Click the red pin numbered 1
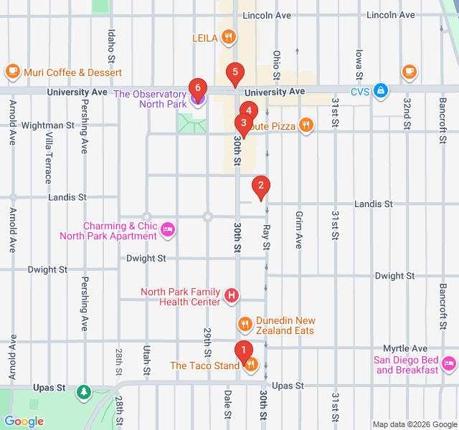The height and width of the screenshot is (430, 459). pyautogui.click(x=244, y=351)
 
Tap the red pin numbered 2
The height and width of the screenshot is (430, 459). pyautogui.click(x=260, y=187)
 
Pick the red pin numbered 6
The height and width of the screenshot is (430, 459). pyautogui.click(x=198, y=89)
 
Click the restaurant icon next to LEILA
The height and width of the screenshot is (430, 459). pyautogui.click(x=228, y=37)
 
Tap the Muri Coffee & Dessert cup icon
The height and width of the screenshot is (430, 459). pyautogui.click(x=12, y=72)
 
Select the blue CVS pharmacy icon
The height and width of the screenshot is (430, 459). pyautogui.click(x=382, y=91)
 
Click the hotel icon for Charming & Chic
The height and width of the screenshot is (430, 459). pyautogui.click(x=169, y=230)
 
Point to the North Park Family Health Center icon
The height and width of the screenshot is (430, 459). pyautogui.click(x=232, y=295)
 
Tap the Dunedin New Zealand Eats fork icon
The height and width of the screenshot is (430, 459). pyautogui.click(x=245, y=325)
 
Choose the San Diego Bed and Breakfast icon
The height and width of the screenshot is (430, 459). pyautogui.click(x=449, y=363)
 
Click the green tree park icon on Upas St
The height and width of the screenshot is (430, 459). pyautogui.click(x=85, y=391)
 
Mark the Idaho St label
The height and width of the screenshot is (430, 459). pyautogui.click(x=111, y=44)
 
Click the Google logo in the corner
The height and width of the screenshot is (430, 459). pyautogui.click(x=24, y=421)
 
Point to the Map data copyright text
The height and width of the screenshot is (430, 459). pyautogui.click(x=413, y=424)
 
